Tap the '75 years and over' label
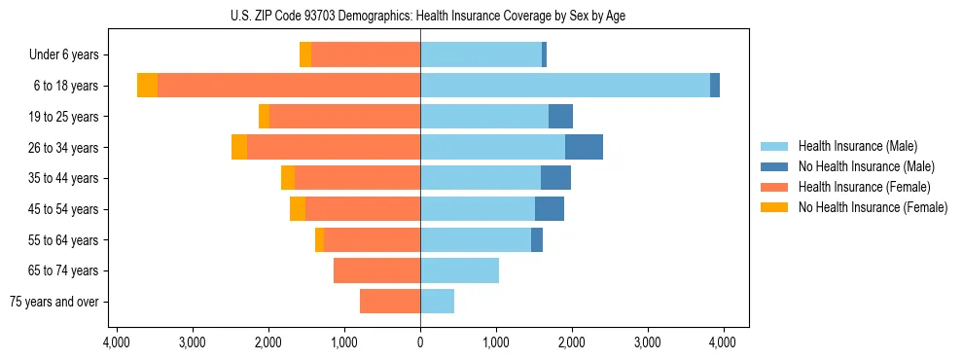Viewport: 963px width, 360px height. coord(54,302)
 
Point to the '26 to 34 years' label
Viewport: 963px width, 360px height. coord(64,148)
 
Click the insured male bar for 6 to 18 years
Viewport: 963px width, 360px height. coord(564,86)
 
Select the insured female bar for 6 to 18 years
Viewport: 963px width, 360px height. coord(288,86)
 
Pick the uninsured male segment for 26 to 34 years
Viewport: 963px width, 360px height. coord(584,147)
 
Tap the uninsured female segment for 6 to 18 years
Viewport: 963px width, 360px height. coord(147,86)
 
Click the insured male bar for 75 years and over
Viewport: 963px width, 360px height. coord(437,302)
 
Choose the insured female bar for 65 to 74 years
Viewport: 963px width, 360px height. coord(376,270)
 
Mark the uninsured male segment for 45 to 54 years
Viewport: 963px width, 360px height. coord(550,209)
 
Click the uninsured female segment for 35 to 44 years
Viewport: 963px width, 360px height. coord(288,178)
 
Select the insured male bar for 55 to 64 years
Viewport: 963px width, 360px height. coord(476,239)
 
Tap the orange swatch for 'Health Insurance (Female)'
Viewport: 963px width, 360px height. coord(774,187)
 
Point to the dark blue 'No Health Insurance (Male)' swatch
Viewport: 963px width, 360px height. coord(774,166)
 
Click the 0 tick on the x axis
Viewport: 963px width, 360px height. coord(420,342)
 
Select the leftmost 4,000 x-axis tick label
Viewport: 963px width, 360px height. coord(116,342)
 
